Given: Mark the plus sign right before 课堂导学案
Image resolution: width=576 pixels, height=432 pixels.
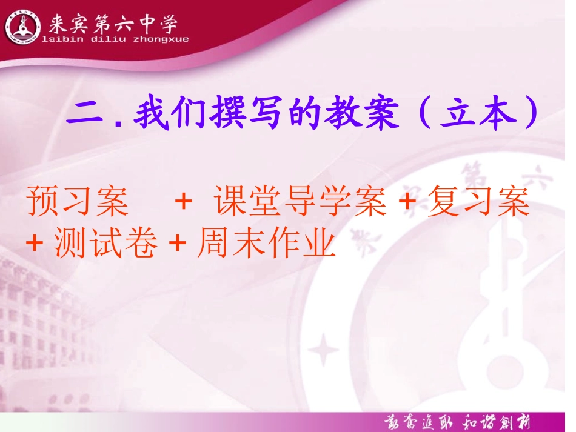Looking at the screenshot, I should click(x=183, y=204).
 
